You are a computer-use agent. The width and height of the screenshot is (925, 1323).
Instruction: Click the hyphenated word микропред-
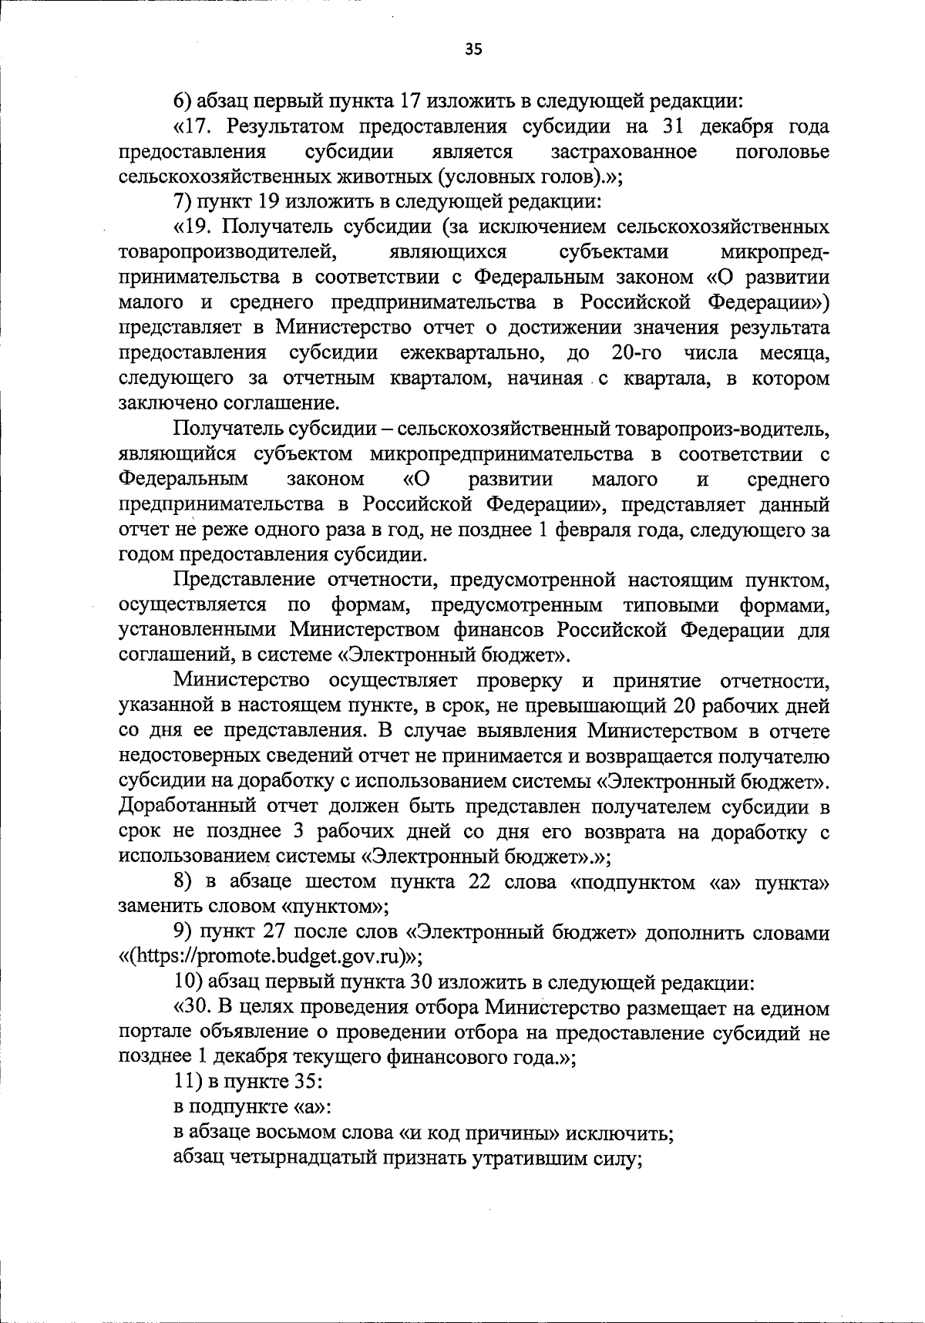pos(774,253)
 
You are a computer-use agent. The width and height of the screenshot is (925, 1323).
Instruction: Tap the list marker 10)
pos(187,984)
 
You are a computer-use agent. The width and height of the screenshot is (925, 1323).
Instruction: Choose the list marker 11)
pos(187,1082)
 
